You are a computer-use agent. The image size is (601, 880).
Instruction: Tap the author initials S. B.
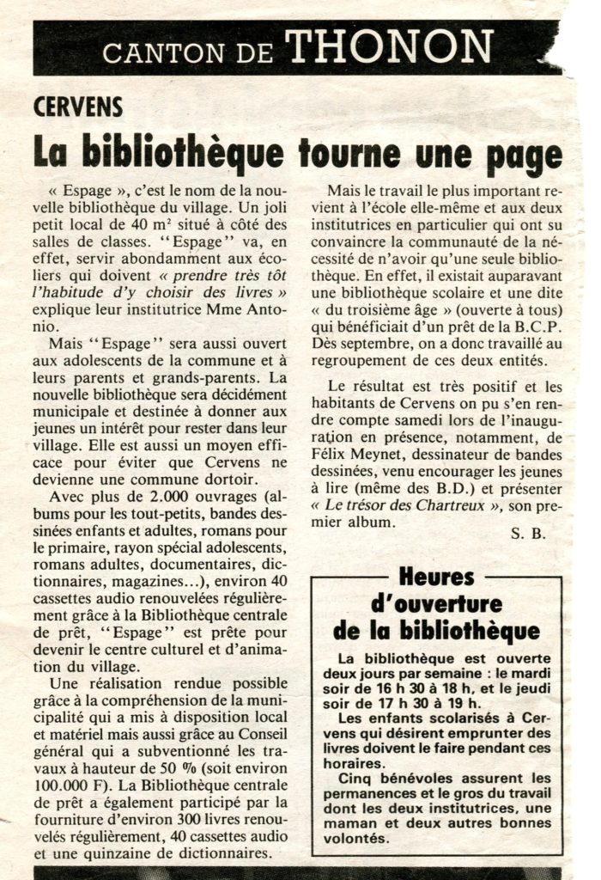(x=528, y=533)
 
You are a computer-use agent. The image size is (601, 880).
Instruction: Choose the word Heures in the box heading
(x=436, y=577)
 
